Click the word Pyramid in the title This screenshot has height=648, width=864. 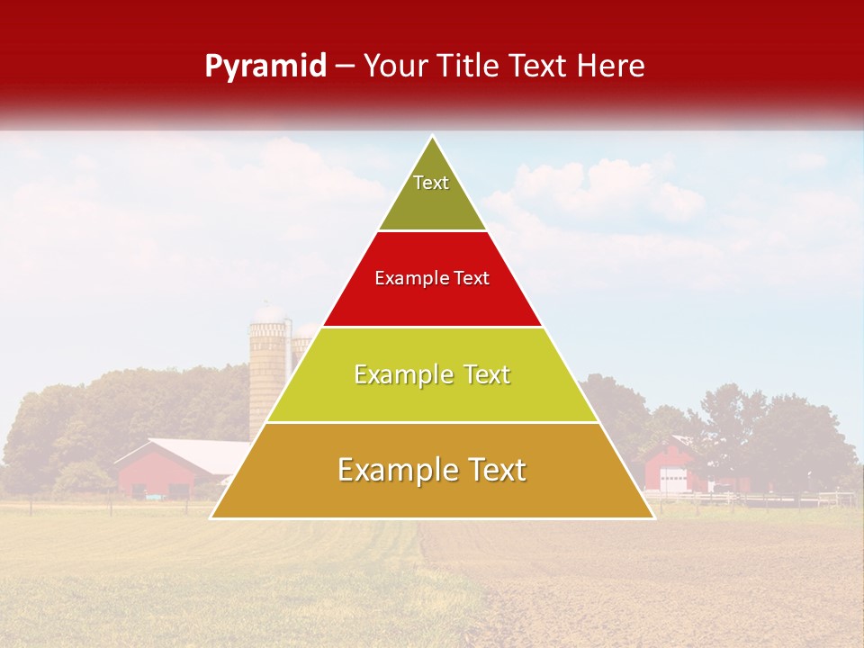click(x=265, y=67)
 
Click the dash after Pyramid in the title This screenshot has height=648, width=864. click(x=345, y=67)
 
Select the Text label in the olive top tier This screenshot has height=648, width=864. click(x=431, y=183)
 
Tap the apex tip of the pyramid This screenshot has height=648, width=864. click(x=433, y=138)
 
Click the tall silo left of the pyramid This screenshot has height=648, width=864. click(x=267, y=369)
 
